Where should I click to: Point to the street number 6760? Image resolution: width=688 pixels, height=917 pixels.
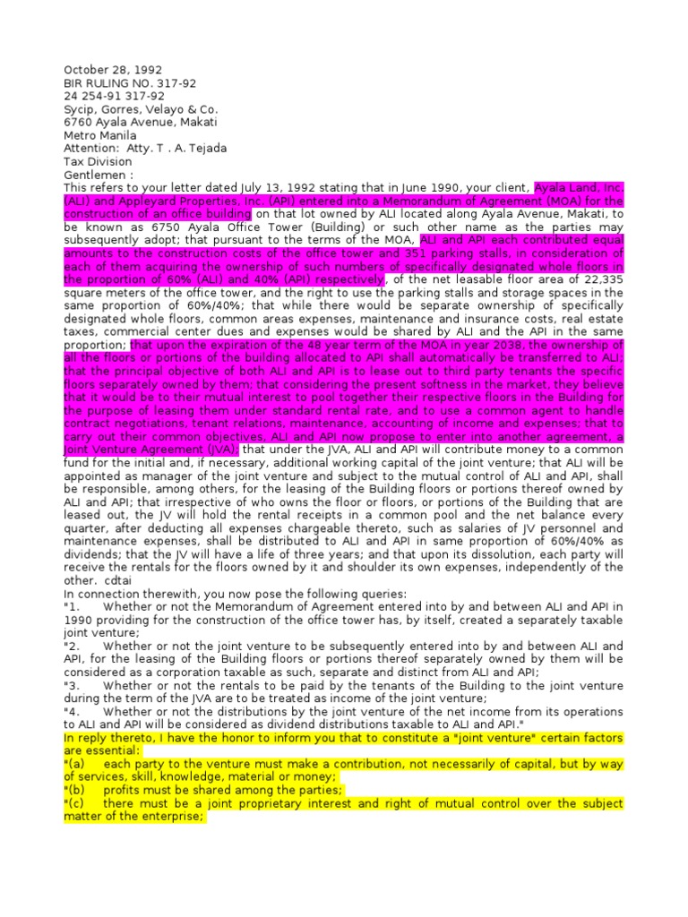point(78,123)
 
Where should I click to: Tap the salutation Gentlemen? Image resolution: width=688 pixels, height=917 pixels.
point(95,175)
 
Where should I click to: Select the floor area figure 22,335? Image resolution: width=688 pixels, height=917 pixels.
point(600,279)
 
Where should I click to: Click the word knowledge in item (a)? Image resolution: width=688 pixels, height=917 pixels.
point(190,777)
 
